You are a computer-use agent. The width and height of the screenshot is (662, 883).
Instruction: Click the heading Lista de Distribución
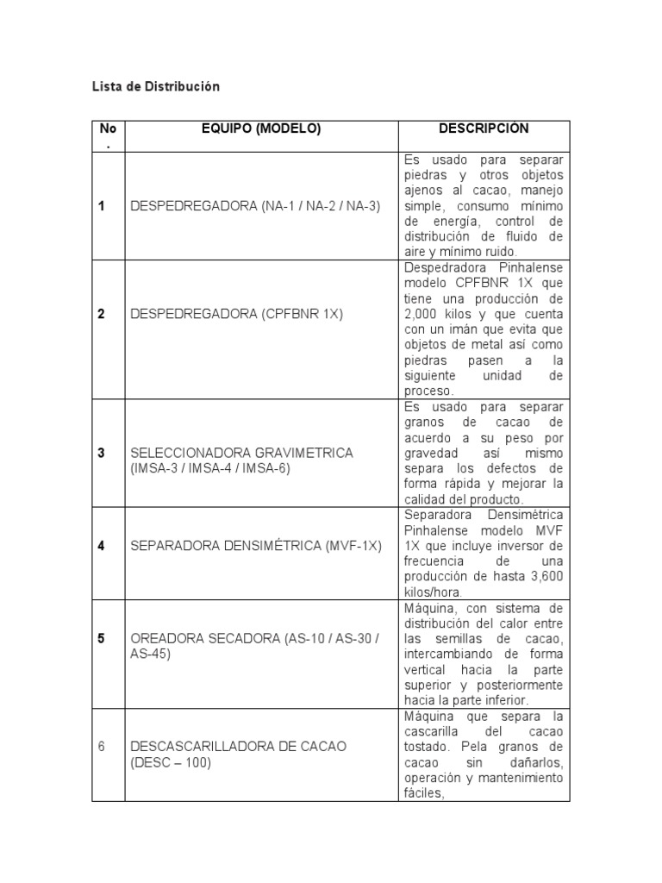point(156,86)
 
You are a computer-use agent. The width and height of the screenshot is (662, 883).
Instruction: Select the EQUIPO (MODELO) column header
point(260,128)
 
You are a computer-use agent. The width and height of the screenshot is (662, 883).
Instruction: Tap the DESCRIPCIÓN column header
point(484,128)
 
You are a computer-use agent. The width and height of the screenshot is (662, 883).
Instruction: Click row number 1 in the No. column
point(101,205)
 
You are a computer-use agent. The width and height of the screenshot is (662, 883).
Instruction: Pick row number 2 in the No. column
point(101,314)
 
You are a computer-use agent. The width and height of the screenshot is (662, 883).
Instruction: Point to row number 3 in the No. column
point(101,452)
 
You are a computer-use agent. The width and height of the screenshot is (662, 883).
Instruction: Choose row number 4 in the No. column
point(101,546)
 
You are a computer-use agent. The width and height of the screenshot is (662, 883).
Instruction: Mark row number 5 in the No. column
point(101,638)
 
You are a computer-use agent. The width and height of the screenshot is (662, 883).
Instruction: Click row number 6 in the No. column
point(101,746)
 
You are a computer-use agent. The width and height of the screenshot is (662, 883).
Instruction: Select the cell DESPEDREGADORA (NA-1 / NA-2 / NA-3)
point(255,205)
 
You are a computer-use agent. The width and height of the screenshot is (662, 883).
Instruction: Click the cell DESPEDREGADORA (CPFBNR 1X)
point(236,314)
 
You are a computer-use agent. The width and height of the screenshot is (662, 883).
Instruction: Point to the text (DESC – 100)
point(171,763)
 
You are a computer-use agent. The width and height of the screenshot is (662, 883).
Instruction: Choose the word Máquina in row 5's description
point(428,608)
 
